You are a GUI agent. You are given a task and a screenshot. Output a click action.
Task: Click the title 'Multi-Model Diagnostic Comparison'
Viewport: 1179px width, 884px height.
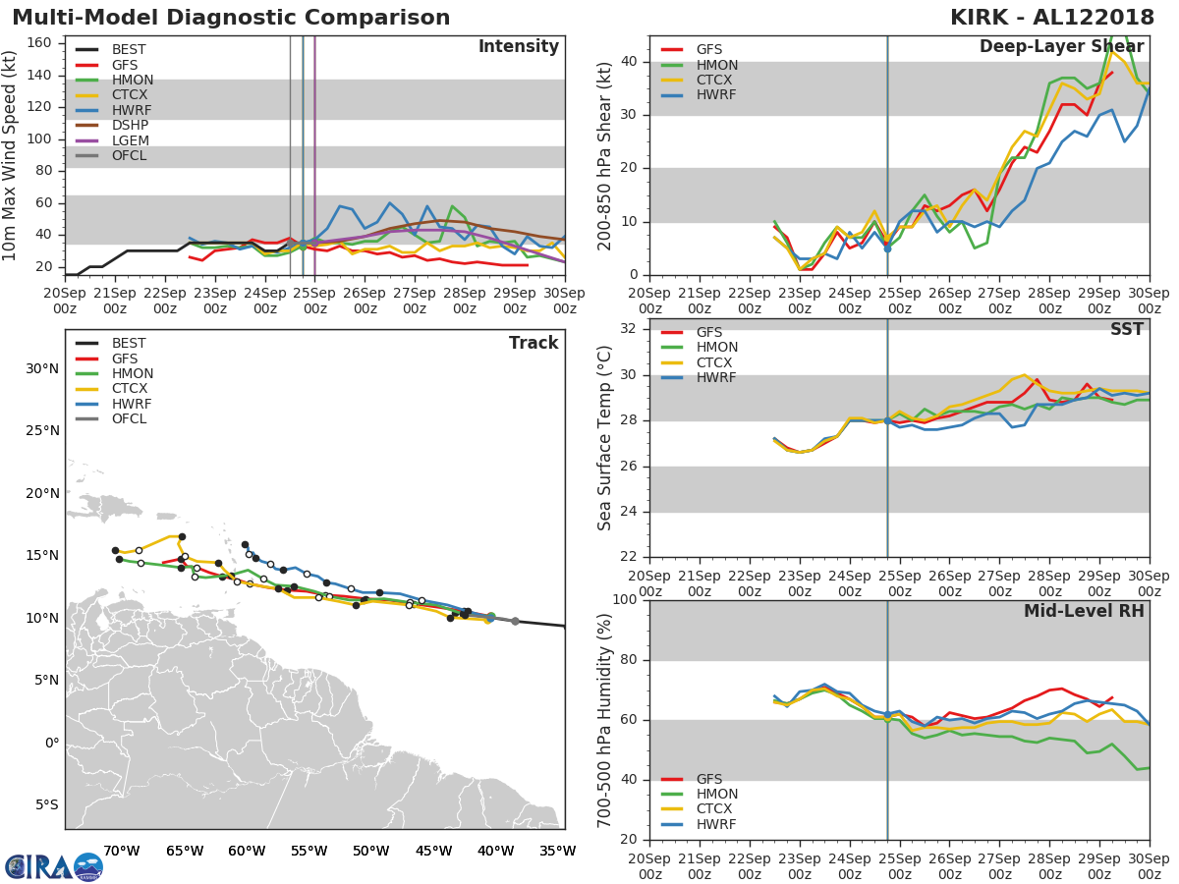231,19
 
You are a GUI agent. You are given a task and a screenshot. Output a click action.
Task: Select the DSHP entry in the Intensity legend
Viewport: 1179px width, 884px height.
130,125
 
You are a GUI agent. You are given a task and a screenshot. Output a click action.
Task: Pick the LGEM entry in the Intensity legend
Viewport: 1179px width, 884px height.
130,140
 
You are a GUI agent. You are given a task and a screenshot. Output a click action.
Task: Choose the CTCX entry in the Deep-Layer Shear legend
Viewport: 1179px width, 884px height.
715,81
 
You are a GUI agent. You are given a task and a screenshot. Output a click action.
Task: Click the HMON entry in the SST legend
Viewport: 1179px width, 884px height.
716,348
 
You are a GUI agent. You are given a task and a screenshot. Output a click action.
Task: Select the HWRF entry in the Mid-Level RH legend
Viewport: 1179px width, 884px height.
715,824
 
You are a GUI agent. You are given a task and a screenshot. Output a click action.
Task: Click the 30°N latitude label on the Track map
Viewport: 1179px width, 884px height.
42,369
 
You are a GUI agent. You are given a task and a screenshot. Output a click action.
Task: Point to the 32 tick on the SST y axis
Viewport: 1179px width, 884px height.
626,329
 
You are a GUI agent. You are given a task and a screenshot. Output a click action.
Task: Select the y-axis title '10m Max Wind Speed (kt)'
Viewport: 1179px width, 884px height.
11,157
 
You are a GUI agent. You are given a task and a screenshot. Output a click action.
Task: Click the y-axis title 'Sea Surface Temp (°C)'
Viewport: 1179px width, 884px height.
606,439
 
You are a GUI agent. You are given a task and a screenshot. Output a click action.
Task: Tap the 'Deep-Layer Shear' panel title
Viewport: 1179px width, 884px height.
1061,47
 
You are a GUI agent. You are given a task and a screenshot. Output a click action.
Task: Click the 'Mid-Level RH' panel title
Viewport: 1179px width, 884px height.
1084,611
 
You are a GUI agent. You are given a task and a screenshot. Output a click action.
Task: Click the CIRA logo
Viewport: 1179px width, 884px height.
54,866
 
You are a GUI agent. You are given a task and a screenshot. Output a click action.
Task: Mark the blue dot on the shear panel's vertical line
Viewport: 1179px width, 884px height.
887,249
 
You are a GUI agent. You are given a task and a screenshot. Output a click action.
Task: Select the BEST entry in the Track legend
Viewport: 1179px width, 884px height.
128,344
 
